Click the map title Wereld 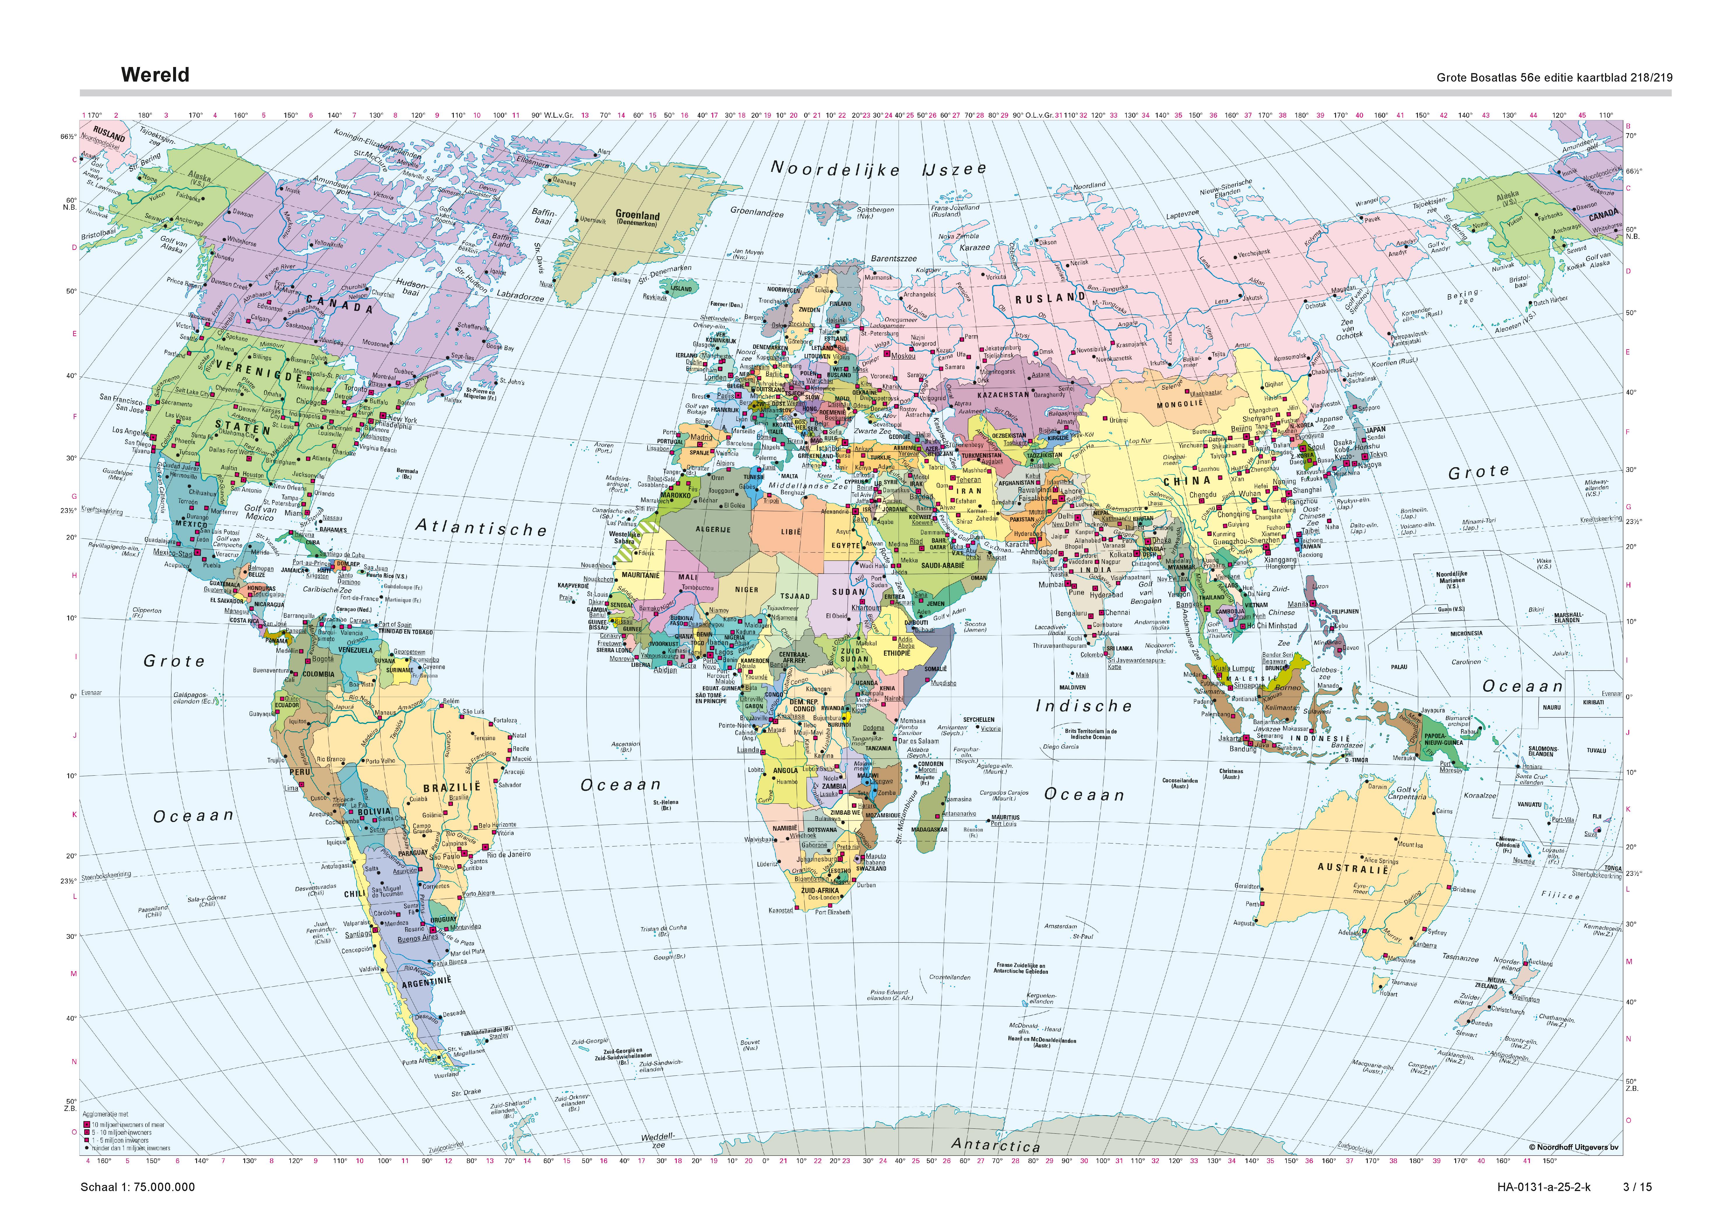155,75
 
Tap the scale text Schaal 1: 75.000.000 138,1187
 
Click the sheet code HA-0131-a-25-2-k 1544,1187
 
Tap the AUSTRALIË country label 1353,868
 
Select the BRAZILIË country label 452,787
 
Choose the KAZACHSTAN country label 1003,394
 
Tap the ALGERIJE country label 713,530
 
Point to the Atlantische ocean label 481,527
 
